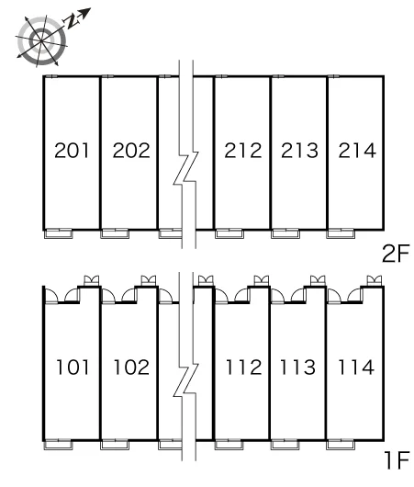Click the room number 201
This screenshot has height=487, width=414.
pos(72,151)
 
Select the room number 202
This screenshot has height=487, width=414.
pos(131,151)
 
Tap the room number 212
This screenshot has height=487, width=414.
pos(243,151)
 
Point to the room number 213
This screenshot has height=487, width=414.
pos(300,151)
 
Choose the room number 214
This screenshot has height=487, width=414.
pos(357,151)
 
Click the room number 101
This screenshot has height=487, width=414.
pos(73,367)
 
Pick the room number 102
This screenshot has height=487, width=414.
pos(131,367)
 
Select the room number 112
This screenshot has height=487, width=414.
pos(243,367)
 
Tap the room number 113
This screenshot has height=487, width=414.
pos(297,367)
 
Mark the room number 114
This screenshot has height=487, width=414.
pos(356,367)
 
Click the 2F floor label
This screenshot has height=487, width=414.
pos(396,254)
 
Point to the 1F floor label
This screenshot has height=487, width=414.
pos(397,460)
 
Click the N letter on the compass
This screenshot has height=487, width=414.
pos(72,22)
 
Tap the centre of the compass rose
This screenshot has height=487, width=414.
pos(41,40)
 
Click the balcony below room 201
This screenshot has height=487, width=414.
pos(59,233)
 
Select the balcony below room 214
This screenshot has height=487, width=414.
pos(341,233)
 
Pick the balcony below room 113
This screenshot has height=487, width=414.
pos(285,445)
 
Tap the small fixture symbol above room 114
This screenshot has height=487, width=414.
pos(374,280)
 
